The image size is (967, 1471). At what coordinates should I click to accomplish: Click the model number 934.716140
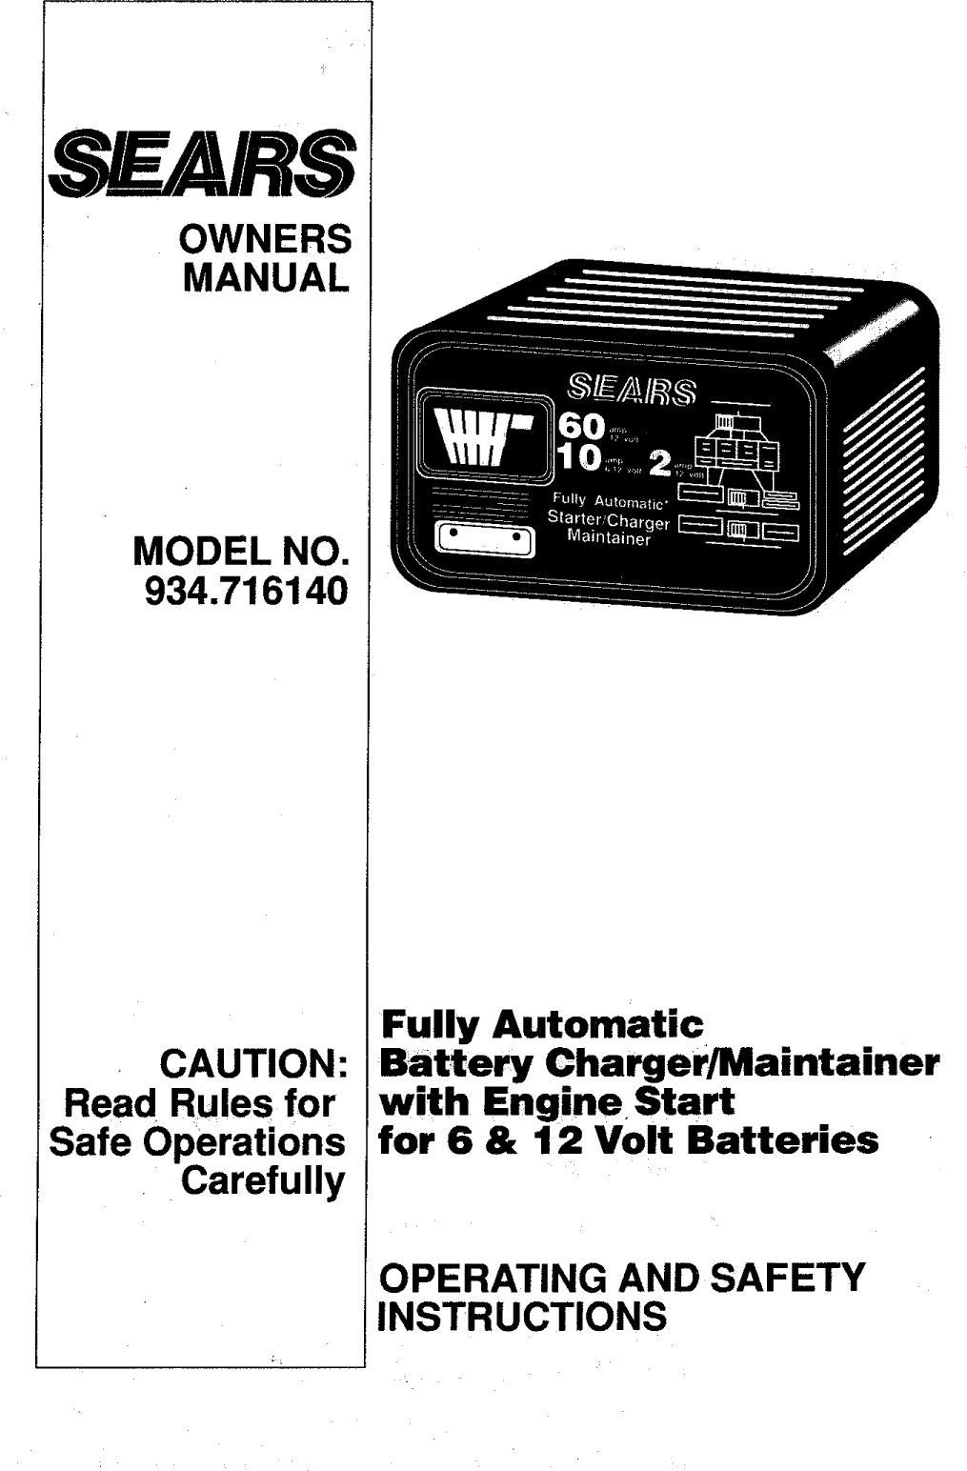[245, 592]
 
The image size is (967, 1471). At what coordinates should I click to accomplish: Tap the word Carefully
[264, 1180]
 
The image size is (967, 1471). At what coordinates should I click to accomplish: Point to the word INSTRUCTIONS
[522, 1317]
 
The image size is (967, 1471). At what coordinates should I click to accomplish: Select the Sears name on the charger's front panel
[632, 389]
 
